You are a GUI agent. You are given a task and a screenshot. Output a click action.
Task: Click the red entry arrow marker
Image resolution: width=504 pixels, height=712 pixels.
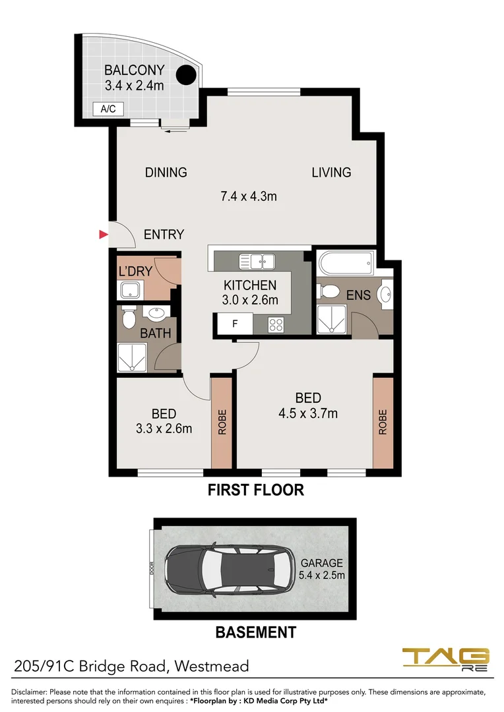102,234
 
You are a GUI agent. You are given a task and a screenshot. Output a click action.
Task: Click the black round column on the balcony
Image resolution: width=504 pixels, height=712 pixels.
187,76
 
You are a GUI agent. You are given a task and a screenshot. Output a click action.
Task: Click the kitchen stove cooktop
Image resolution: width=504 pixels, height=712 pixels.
276,324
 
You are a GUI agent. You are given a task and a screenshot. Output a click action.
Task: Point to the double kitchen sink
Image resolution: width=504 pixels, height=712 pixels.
257,262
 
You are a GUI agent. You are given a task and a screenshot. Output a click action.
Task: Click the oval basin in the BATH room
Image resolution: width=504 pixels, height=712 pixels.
158,314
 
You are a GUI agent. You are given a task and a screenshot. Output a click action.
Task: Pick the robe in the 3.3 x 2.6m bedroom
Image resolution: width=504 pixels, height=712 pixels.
222,422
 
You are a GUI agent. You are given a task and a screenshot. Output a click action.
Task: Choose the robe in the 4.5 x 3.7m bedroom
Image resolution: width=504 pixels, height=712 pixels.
383,422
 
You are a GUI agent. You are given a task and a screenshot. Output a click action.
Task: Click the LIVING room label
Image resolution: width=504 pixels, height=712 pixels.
331,173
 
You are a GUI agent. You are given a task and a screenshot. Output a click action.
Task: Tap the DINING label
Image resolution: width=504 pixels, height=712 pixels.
166,173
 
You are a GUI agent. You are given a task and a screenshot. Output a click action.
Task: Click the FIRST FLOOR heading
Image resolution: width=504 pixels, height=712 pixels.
255,490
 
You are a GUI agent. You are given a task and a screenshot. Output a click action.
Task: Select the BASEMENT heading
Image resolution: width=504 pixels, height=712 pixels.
256,633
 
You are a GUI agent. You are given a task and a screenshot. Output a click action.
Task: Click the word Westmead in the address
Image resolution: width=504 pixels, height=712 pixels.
212,666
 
